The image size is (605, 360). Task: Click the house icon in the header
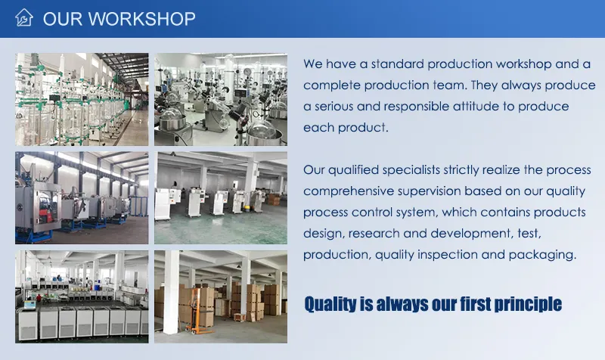coord(24,18)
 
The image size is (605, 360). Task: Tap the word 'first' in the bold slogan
coord(456,304)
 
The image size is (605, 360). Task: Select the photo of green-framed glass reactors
coord(82,98)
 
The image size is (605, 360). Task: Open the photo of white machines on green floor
coord(221,197)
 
